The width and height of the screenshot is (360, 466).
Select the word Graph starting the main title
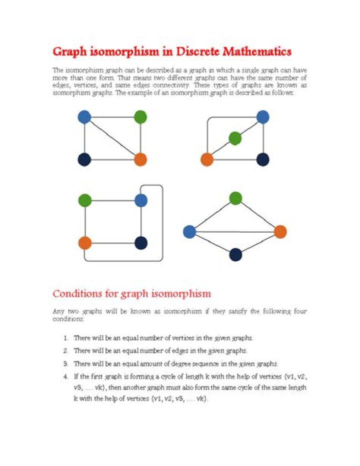click(x=69, y=52)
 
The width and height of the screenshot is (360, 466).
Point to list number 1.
click(x=65, y=338)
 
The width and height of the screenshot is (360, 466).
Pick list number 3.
click(x=65, y=363)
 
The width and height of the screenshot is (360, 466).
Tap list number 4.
click(x=65, y=376)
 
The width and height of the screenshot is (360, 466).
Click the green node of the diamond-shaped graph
click(x=235, y=198)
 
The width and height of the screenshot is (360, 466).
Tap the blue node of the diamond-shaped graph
click(x=189, y=232)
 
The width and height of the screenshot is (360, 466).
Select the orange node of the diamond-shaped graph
click(x=280, y=232)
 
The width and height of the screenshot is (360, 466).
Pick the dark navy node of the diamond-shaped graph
click(x=235, y=255)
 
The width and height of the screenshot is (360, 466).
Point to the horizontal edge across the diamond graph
click(x=235, y=232)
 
